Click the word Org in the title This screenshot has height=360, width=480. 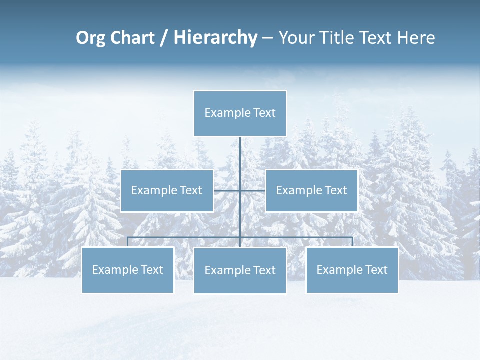click(x=90, y=38)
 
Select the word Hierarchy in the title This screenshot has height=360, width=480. click(x=215, y=38)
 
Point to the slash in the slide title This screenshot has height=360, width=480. click(x=164, y=38)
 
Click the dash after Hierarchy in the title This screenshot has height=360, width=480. click(x=267, y=38)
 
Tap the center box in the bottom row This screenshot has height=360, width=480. click(x=240, y=284)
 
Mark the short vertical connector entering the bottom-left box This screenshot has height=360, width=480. click(x=128, y=242)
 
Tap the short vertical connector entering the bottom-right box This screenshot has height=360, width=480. click(x=352, y=242)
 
